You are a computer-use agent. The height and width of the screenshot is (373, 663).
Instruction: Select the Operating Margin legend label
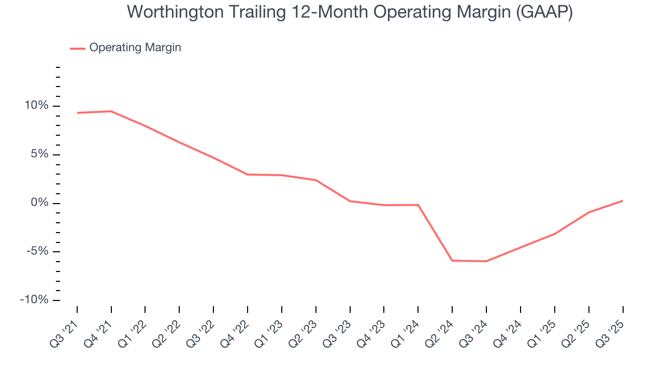pyautogui.click(x=135, y=48)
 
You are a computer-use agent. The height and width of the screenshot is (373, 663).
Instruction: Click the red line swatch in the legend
pyautogui.click(x=78, y=48)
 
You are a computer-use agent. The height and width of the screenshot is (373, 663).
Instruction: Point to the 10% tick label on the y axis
pyautogui.click(x=36, y=106)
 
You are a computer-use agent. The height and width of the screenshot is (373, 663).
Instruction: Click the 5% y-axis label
pyautogui.click(x=39, y=154)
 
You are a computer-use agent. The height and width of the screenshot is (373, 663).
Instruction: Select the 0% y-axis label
pyautogui.click(x=39, y=203)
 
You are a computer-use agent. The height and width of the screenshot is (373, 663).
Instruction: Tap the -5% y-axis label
pyautogui.click(x=37, y=252)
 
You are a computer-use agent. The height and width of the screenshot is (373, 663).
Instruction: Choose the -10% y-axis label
pyautogui.click(x=34, y=300)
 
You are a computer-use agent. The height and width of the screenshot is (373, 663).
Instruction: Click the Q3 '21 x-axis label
pyautogui.click(x=65, y=333)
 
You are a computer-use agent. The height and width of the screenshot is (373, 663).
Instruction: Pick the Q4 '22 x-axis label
pyautogui.click(x=235, y=333)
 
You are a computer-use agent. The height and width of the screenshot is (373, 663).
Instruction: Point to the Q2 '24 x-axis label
pyautogui.click(x=440, y=333)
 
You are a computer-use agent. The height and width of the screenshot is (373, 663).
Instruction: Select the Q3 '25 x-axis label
pyautogui.click(x=610, y=333)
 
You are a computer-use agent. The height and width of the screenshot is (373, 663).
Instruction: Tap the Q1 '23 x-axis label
pyautogui.click(x=269, y=333)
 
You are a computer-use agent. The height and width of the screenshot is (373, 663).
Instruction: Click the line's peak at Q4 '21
pyautogui.click(x=111, y=111)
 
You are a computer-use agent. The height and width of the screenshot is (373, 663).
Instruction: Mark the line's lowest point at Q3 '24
pyautogui.click(x=486, y=261)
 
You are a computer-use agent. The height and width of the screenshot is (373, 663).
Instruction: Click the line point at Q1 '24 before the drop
pyautogui.click(x=418, y=205)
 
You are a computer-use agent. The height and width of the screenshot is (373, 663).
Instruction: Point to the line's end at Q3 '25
pyautogui.click(x=622, y=200)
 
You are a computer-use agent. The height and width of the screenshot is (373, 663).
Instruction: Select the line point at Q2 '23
pyautogui.click(x=316, y=180)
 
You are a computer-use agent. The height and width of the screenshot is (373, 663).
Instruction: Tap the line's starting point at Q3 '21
pyautogui.click(x=77, y=113)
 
